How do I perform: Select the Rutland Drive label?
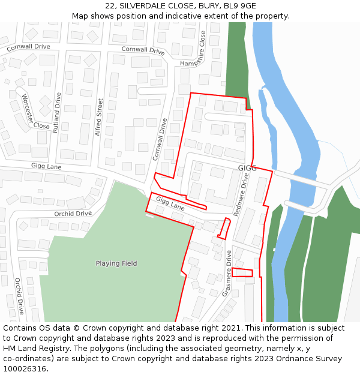(x=58, y=112)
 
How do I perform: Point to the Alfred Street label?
(x=98, y=117)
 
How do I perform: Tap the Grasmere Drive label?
(x=227, y=274)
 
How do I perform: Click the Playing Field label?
(x=116, y=263)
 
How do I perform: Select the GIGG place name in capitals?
(x=247, y=168)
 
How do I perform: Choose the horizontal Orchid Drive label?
(x=73, y=214)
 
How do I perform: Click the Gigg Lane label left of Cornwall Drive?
(x=46, y=165)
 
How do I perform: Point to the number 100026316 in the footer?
(x=25, y=369)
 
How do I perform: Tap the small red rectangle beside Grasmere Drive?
(x=242, y=273)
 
